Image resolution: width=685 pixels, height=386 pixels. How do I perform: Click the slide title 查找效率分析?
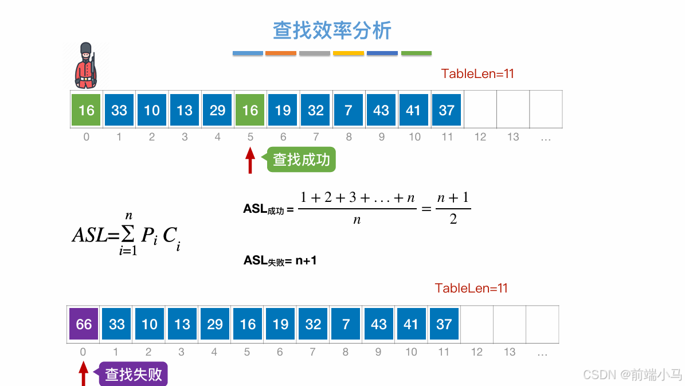coord(332,30)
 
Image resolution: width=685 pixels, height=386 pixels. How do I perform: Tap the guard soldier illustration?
coord(86,65)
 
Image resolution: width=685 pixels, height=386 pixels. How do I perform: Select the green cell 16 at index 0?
coord(86,110)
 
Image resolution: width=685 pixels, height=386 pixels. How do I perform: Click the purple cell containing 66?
coord(84,324)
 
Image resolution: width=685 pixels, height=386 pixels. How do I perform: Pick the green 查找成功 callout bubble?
coord(301,159)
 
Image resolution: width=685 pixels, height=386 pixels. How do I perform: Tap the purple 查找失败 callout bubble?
coord(134,375)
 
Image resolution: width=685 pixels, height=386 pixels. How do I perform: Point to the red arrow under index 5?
coord(250,161)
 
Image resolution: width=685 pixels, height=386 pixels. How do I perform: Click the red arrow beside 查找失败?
coord(84,375)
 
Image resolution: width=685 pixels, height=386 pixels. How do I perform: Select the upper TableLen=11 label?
coord(477,73)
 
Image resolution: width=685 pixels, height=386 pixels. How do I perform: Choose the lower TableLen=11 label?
coord(471,288)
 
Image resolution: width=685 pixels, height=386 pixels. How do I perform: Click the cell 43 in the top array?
coord(381,110)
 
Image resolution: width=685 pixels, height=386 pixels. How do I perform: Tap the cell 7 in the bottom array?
coord(346,324)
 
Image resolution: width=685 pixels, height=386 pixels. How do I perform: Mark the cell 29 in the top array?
coord(217,110)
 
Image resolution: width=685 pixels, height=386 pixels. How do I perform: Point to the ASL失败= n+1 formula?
coord(280,260)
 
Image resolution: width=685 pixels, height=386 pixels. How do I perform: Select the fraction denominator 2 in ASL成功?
coord(453,219)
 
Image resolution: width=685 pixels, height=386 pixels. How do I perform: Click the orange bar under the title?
coord(281,53)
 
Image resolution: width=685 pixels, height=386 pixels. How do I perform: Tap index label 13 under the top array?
coord(513,137)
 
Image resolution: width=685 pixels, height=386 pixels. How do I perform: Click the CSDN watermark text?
coord(632,375)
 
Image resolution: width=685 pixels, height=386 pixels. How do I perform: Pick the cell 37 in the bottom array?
coord(444,324)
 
